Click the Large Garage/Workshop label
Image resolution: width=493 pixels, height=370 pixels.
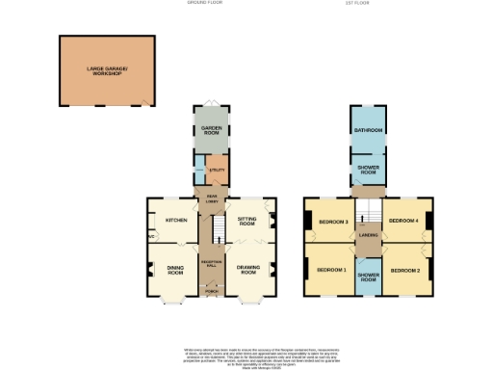click(x=106, y=70)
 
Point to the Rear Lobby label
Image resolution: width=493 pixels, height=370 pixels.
click(x=211, y=198)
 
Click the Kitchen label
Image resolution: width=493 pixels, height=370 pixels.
click(x=175, y=221)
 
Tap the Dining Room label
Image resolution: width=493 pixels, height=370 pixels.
click(x=175, y=271)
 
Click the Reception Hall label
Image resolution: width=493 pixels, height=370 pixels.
click(x=211, y=262)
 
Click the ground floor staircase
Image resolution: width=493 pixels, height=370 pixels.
click(x=217, y=231)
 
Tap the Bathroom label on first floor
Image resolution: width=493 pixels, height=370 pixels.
click(x=368, y=130)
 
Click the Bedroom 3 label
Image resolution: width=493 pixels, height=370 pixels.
click(x=333, y=223)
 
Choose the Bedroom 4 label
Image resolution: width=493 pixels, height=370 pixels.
click(x=402, y=222)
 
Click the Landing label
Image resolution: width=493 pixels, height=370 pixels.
click(x=367, y=234)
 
